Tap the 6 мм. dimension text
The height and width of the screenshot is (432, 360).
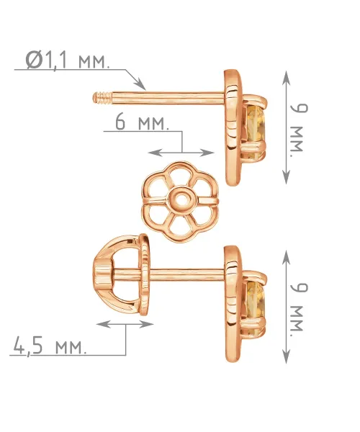(142, 122)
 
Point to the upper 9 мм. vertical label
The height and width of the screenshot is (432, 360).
(299, 131)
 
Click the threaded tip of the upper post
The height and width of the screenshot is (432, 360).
(102, 98)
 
